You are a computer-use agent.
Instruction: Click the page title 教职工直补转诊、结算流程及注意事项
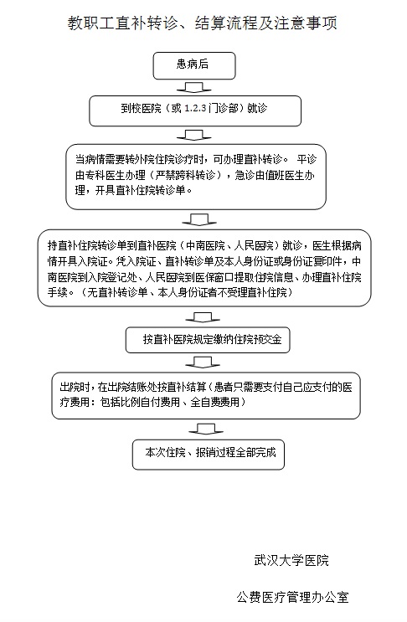203,23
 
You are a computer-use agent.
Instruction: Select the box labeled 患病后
194,65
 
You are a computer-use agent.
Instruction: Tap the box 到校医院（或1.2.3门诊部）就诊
195,111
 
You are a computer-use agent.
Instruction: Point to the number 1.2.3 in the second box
196,108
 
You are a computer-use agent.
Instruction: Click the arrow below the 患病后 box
193,87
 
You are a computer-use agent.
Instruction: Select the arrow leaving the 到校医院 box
193,135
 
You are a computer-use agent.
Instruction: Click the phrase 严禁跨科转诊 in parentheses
185,175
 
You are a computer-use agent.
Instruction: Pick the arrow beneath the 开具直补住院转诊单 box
199,219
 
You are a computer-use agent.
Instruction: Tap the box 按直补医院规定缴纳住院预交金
208,340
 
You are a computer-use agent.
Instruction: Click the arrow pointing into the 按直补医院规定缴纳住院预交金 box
203,317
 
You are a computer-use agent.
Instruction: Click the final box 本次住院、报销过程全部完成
209,455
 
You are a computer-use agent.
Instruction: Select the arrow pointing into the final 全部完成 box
206,429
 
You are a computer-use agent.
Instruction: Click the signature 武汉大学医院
291,560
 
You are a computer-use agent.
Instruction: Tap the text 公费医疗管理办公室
293,597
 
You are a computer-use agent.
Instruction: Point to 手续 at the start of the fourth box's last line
58,292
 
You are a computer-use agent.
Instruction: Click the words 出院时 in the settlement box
75,387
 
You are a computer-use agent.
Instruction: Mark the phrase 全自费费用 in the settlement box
215,402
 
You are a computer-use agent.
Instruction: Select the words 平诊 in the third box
307,159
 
